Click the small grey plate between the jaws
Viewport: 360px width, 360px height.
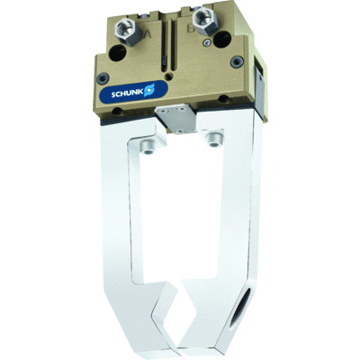[174, 114]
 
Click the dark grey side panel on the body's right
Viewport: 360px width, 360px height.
[257, 90]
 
